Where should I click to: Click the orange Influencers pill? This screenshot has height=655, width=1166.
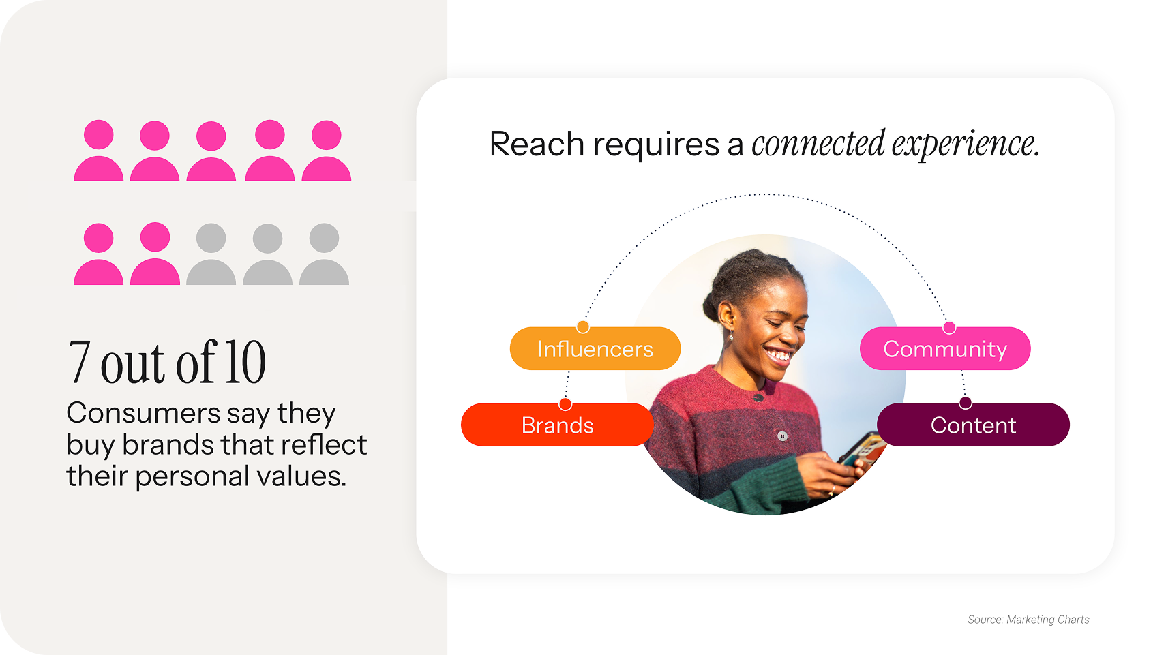coord(595,348)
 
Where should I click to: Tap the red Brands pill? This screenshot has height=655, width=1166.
coord(557,425)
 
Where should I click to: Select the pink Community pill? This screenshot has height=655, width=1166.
coord(945,348)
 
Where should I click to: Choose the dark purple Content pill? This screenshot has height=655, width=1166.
coord(973,425)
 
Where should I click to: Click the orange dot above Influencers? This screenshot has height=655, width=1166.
coord(583,326)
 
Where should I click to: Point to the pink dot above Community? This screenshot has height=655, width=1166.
coord(949,328)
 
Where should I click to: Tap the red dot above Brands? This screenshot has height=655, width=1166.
coord(565,404)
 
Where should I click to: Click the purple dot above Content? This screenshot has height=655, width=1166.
coord(965,403)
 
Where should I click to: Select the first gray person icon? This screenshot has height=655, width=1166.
coord(211,254)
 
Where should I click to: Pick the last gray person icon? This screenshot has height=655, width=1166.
coord(324,254)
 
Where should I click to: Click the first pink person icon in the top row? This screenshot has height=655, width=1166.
coord(98,151)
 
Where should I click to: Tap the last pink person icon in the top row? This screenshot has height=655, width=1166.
coord(327,151)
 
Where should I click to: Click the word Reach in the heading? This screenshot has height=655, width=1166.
coord(537,144)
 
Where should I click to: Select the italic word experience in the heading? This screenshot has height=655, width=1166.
coord(966,144)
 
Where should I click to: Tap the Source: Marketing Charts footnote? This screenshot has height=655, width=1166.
coord(1028,620)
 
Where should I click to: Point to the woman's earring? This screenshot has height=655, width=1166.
coord(731,337)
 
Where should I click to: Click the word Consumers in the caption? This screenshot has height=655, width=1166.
coord(143,413)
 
